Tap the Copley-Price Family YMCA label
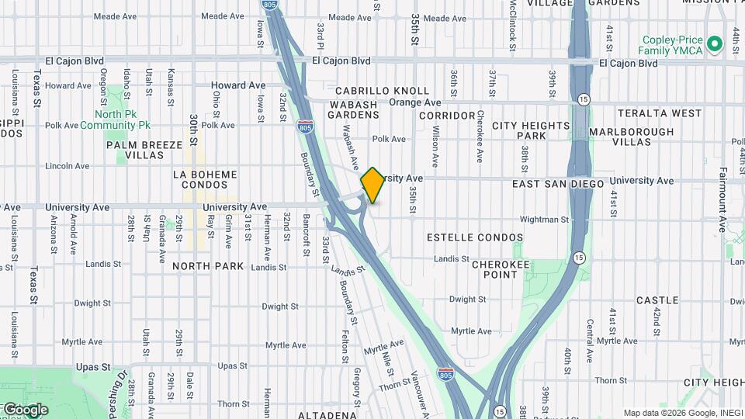672,45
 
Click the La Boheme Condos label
205,179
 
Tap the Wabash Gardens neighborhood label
353,109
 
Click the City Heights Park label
531,130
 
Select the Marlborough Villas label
631,137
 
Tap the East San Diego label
558,184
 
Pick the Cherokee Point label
501,269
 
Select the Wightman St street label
528,220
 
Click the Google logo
26,409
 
